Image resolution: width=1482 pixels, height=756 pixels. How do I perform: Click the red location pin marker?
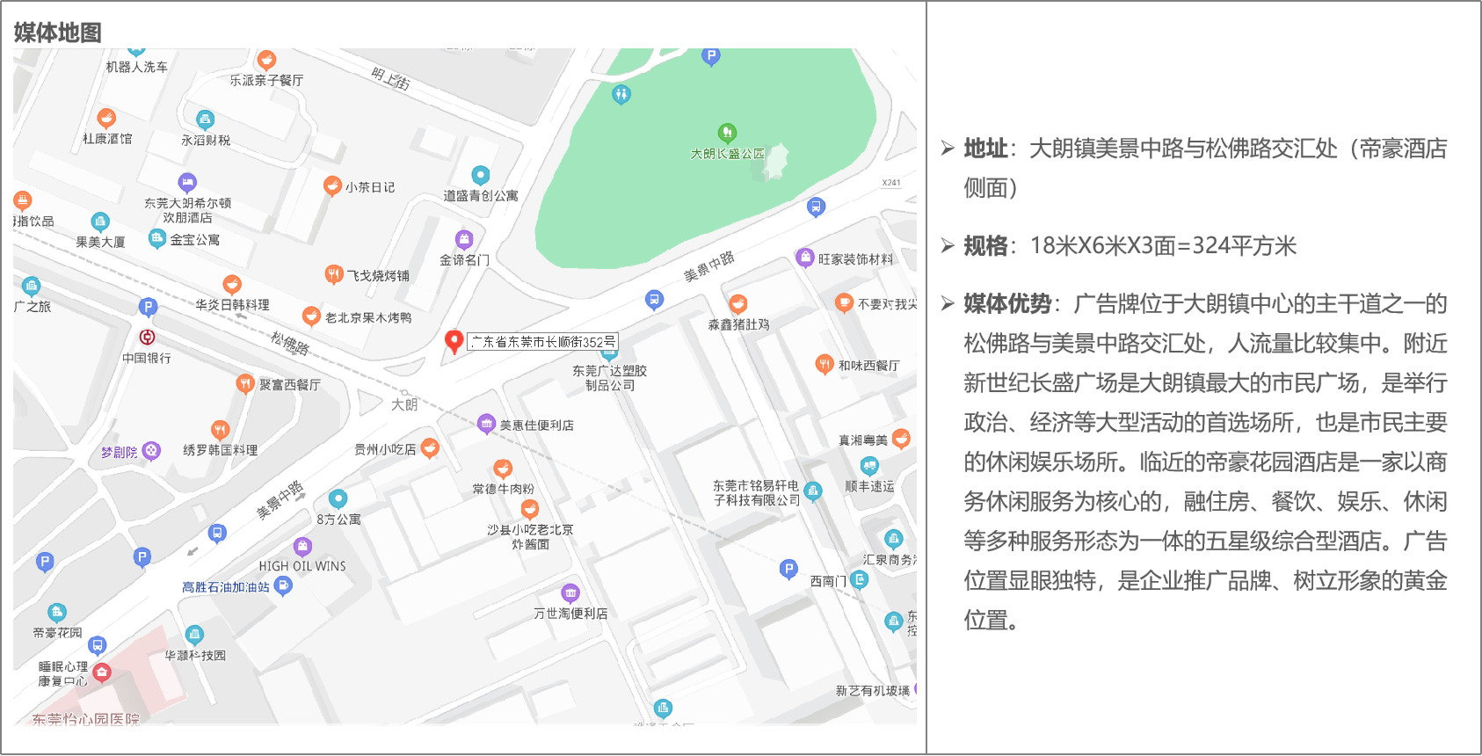[454, 341]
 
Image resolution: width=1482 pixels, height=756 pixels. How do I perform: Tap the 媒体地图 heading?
[58, 33]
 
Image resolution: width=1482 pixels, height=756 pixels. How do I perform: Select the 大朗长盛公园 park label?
[728, 154]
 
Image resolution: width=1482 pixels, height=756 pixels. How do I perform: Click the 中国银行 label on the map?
[147, 358]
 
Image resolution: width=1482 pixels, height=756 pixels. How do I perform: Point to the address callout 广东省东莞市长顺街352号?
[542, 342]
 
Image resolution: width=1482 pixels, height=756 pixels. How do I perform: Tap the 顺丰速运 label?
[869, 486]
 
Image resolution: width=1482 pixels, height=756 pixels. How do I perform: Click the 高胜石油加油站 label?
[226, 587]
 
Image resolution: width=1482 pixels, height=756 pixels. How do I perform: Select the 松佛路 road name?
[289, 343]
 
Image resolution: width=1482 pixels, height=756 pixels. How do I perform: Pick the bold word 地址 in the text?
[985, 149]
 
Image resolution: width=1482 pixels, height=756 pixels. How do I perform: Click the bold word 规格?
[985, 246]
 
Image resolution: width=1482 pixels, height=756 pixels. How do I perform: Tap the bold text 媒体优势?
[1007, 304]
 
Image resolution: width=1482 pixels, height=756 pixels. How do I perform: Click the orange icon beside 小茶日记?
[332, 185]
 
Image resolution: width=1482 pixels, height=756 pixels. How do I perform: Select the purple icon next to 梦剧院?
[152, 451]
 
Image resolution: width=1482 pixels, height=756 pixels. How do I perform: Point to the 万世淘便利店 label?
[570, 614]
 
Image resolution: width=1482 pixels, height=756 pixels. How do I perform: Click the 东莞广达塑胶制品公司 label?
[609, 378]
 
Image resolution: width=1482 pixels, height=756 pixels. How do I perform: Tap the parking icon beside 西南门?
[788, 570]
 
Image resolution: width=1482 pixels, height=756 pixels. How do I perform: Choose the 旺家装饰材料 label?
[855, 259]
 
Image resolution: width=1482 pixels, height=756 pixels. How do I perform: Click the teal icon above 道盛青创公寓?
[480, 175]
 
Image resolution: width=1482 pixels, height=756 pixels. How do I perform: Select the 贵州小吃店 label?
[385, 449]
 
